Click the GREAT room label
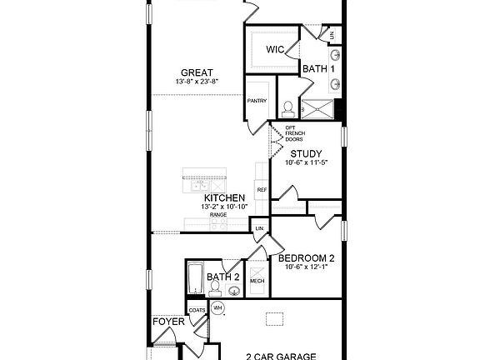(x=197, y=72)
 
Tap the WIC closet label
(x=276, y=49)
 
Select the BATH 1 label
(x=319, y=68)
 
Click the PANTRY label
(x=257, y=101)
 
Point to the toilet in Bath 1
(x=288, y=108)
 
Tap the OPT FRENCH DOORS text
(x=294, y=133)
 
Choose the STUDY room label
(x=306, y=153)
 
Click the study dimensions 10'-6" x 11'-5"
(x=306, y=163)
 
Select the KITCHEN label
(x=218, y=197)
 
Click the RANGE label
(x=218, y=215)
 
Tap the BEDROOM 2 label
(x=306, y=258)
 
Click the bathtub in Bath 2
(x=195, y=277)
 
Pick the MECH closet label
(x=257, y=282)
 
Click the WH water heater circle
(x=218, y=308)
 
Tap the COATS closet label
(x=197, y=311)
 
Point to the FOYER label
(x=167, y=321)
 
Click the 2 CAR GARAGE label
(x=280, y=356)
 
